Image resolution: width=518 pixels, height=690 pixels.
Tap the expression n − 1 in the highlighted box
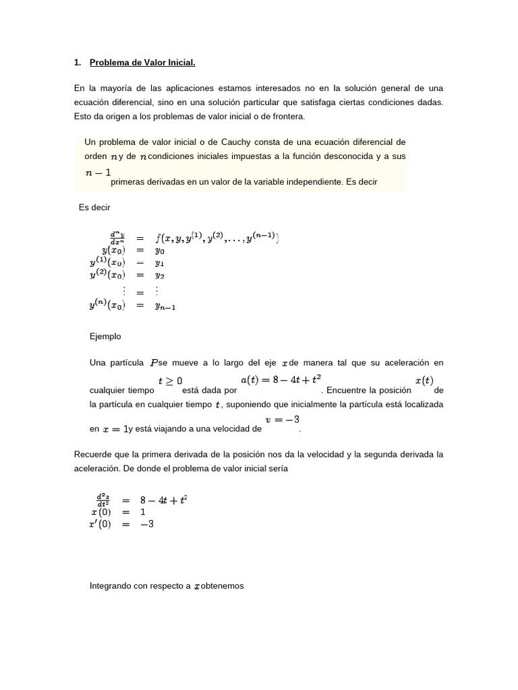(98, 172)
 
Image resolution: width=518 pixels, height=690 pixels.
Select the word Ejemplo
(106, 336)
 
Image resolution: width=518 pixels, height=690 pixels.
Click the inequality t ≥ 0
(170, 381)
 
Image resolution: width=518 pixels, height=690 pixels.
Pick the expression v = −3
(283, 420)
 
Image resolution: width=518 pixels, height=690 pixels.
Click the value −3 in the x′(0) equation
(146, 524)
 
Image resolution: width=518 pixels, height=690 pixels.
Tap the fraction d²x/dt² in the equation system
(103, 501)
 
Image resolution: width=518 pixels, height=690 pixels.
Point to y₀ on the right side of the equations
(160, 249)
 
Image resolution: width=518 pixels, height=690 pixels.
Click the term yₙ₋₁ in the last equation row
(165, 306)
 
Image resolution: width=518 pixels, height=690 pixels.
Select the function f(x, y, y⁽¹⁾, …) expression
(217, 237)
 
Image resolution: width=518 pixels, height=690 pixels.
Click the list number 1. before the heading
(78, 63)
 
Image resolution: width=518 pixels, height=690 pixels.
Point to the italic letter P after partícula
(152, 363)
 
